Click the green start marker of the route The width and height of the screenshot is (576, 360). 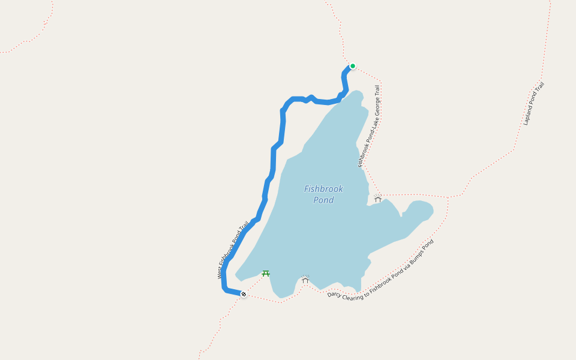tap(353, 66)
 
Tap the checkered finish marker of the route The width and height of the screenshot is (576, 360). tap(244, 294)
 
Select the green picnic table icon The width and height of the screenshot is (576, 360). tap(266, 274)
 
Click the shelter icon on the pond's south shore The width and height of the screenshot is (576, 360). tap(305, 280)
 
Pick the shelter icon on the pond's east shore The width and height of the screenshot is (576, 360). tap(378, 198)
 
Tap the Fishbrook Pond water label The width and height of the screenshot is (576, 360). tap(323, 194)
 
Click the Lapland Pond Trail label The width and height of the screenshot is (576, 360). tap(533, 104)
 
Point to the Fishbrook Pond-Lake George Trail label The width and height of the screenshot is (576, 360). tap(370, 126)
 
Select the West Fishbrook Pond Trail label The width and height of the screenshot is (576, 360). tap(233, 250)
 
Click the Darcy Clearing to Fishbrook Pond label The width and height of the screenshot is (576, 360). tap(380, 269)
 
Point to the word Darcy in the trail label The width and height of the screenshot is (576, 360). tap(334, 294)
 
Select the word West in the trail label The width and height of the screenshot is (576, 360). tap(221, 272)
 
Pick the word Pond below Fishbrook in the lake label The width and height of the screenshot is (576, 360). tap(323, 200)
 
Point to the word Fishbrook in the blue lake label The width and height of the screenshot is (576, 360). tap(323, 189)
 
